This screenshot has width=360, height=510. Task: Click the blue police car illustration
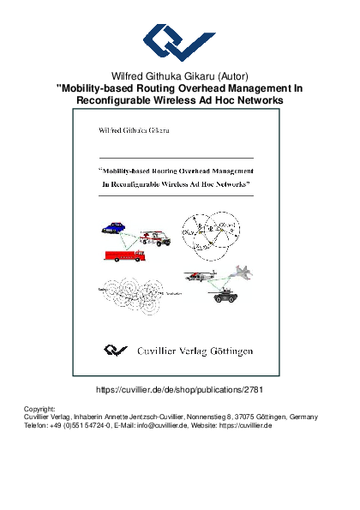click(x=114, y=228)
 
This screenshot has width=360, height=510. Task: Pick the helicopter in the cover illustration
click(x=198, y=276)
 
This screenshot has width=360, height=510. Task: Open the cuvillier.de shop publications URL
click(x=179, y=389)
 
